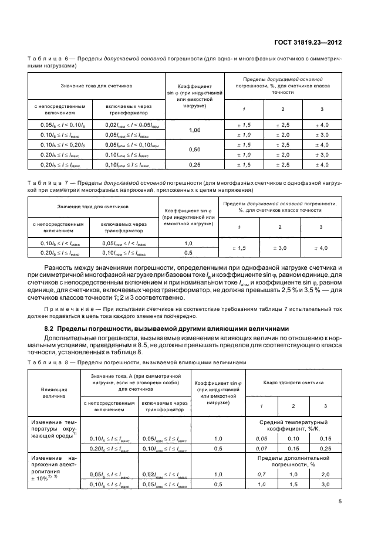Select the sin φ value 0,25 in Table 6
pyautogui.click(x=194, y=165)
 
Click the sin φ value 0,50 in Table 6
pyautogui.click(x=194, y=150)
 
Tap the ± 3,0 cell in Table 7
pyautogui.click(x=280, y=249)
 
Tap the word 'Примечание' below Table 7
pyautogui.click(x=63, y=309)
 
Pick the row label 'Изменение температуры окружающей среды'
pyautogui.click(x=53, y=429)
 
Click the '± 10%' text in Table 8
pyautogui.click(x=43, y=479)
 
